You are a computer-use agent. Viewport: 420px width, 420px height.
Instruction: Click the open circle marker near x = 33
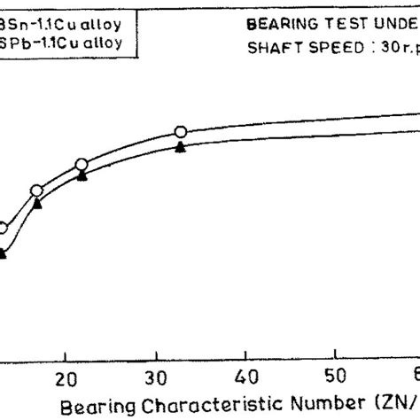pos(181,132)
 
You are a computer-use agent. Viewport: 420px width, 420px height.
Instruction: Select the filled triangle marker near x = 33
pos(181,148)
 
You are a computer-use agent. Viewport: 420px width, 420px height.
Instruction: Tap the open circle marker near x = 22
pos(82,164)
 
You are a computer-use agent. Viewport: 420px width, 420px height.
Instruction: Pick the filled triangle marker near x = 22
pos(82,176)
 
